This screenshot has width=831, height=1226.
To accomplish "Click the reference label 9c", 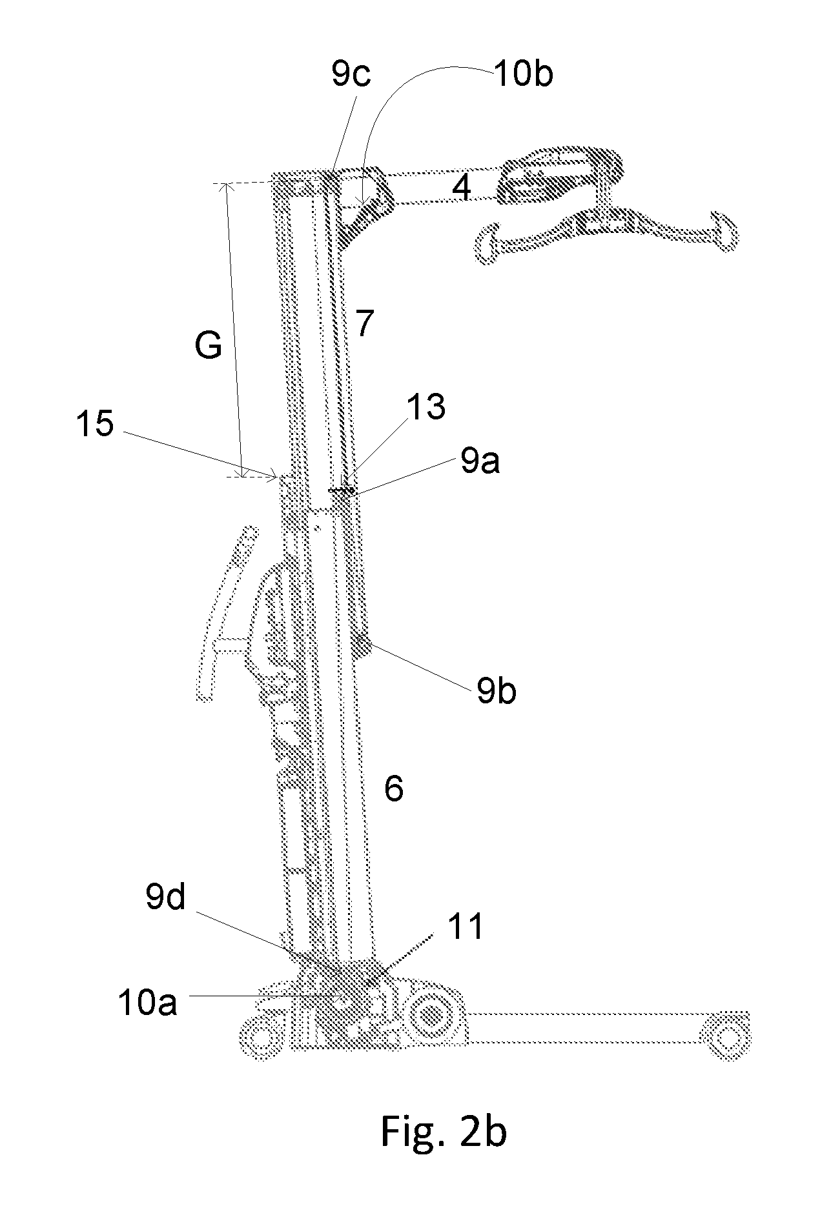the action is coord(351,76).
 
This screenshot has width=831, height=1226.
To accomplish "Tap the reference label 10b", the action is coord(524,75).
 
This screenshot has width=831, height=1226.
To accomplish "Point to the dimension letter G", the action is coord(209,347).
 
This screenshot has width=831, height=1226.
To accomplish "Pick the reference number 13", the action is coord(426,407).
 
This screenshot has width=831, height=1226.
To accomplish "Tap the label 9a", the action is coord(480,462).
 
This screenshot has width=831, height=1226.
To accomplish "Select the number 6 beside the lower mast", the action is coord(394,789).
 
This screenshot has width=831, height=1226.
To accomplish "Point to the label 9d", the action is coord(166,898).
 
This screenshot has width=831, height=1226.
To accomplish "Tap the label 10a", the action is coord(147,1003).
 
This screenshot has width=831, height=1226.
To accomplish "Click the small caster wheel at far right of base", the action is coord(727,1039).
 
